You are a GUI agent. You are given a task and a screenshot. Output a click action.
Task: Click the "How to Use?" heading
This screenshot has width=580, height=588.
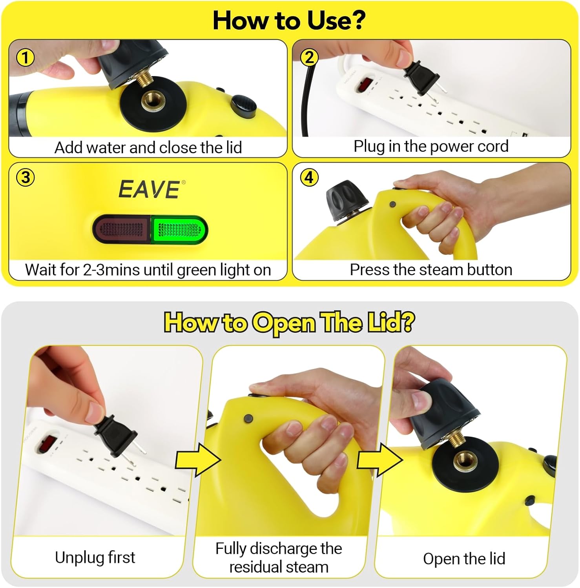(x=289, y=20)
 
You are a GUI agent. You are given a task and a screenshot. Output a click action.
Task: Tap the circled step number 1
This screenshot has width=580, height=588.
(x=25, y=58)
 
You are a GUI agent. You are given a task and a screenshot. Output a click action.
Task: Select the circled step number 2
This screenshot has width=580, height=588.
(x=309, y=58)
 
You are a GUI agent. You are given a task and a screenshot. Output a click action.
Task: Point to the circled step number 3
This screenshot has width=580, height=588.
(x=25, y=178)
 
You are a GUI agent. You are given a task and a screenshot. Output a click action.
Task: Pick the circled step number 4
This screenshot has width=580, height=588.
(x=309, y=178)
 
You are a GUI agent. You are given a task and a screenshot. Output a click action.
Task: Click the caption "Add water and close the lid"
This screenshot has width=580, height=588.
(x=148, y=148)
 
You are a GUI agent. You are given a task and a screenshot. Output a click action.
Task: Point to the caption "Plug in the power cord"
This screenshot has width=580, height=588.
(x=431, y=146)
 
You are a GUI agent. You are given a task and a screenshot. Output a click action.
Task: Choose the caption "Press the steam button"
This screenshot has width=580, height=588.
(x=431, y=270)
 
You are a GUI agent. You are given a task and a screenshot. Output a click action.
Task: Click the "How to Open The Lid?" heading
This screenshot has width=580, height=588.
(x=289, y=323)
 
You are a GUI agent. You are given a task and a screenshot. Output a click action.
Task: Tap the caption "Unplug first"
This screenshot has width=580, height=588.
(x=95, y=557)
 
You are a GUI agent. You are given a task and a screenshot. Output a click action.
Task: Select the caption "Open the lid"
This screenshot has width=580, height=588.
(x=464, y=559)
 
